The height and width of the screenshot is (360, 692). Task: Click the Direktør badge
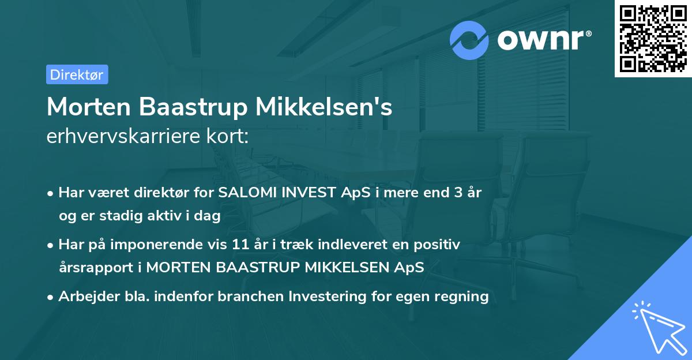point(77,74)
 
